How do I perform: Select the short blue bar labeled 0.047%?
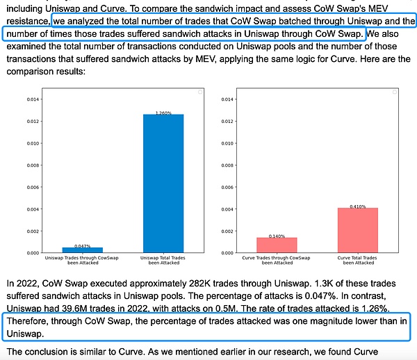(83, 249)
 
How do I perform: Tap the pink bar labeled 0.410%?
(358, 230)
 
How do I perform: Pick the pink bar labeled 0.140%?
(277, 245)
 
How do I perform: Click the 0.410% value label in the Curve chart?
(358, 206)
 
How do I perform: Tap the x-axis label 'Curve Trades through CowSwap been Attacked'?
(277, 261)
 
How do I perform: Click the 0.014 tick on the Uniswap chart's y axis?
(31, 99)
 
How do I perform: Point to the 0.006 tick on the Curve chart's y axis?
(227, 187)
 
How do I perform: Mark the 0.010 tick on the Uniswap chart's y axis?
(31, 143)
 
